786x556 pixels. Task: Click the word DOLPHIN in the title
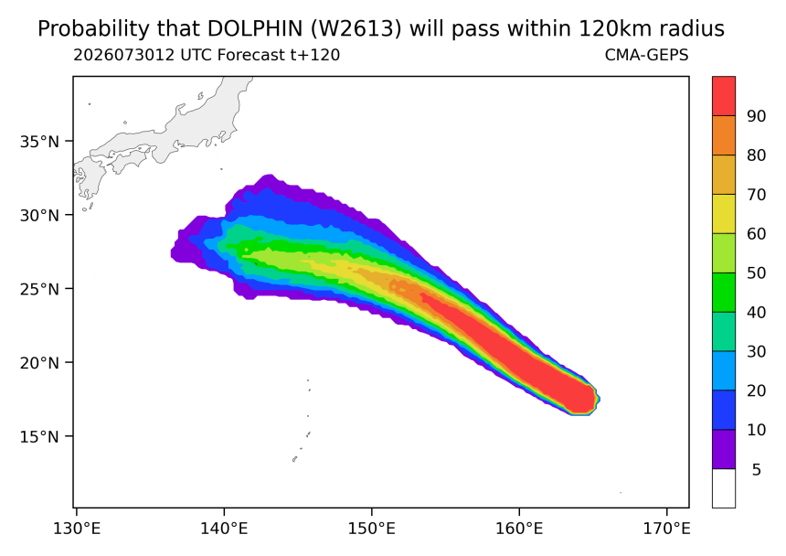(255, 29)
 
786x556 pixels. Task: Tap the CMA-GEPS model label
(647, 55)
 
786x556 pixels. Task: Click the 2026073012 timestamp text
(124, 55)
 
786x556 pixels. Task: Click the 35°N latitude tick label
(39, 142)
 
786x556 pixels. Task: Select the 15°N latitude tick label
(39, 437)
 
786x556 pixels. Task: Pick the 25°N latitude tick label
(39, 289)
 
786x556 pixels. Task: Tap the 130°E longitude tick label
(77, 528)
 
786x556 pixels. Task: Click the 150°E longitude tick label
(371, 528)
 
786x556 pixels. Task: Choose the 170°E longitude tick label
(666, 528)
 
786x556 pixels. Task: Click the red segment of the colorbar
(724, 96)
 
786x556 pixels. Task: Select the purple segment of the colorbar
(724, 449)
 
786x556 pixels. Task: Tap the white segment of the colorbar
(724, 488)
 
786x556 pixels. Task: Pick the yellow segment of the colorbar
(724, 214)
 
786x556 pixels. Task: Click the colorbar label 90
(757, 116)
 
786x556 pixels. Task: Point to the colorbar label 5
(757, 470)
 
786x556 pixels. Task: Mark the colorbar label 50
(757, 273)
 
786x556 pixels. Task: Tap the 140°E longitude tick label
(224, 528)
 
